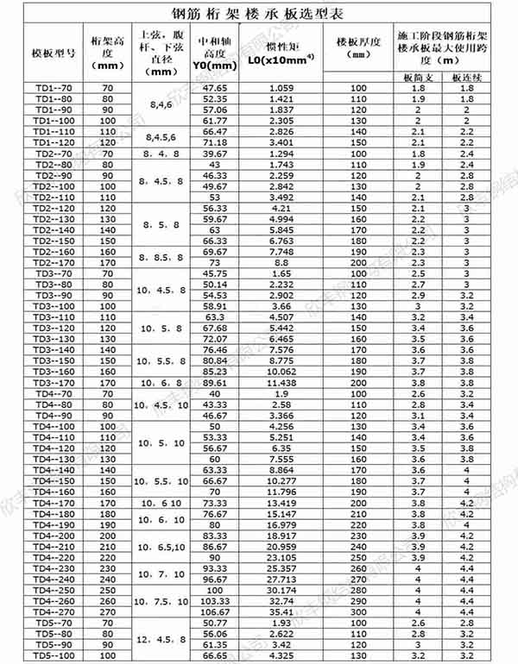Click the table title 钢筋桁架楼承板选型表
pyautogui.click(x=258, y=12)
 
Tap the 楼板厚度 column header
pyautogui.click(x=357, y=47)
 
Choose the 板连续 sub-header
pyautogui.click(x=466, y=78)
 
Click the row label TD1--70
pyautogui.click(x=54, y=88)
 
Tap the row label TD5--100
pyautogui.click(x=54, y=656)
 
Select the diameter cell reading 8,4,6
pyautogui.click(x=161, y=104)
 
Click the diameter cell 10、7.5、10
pyautogui.click(x=161, y=600)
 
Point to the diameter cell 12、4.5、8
pyautogui.click(x=161, y=639)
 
